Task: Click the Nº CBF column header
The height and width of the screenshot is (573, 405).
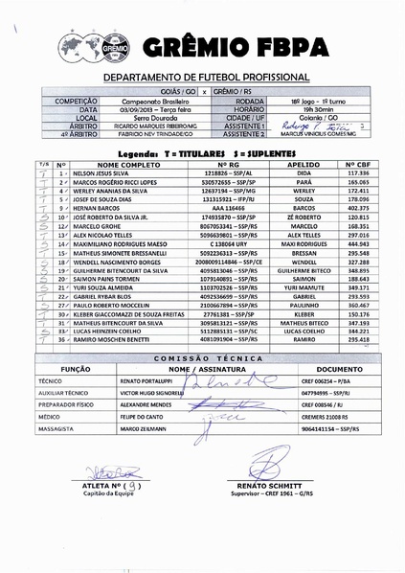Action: [358, 165]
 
